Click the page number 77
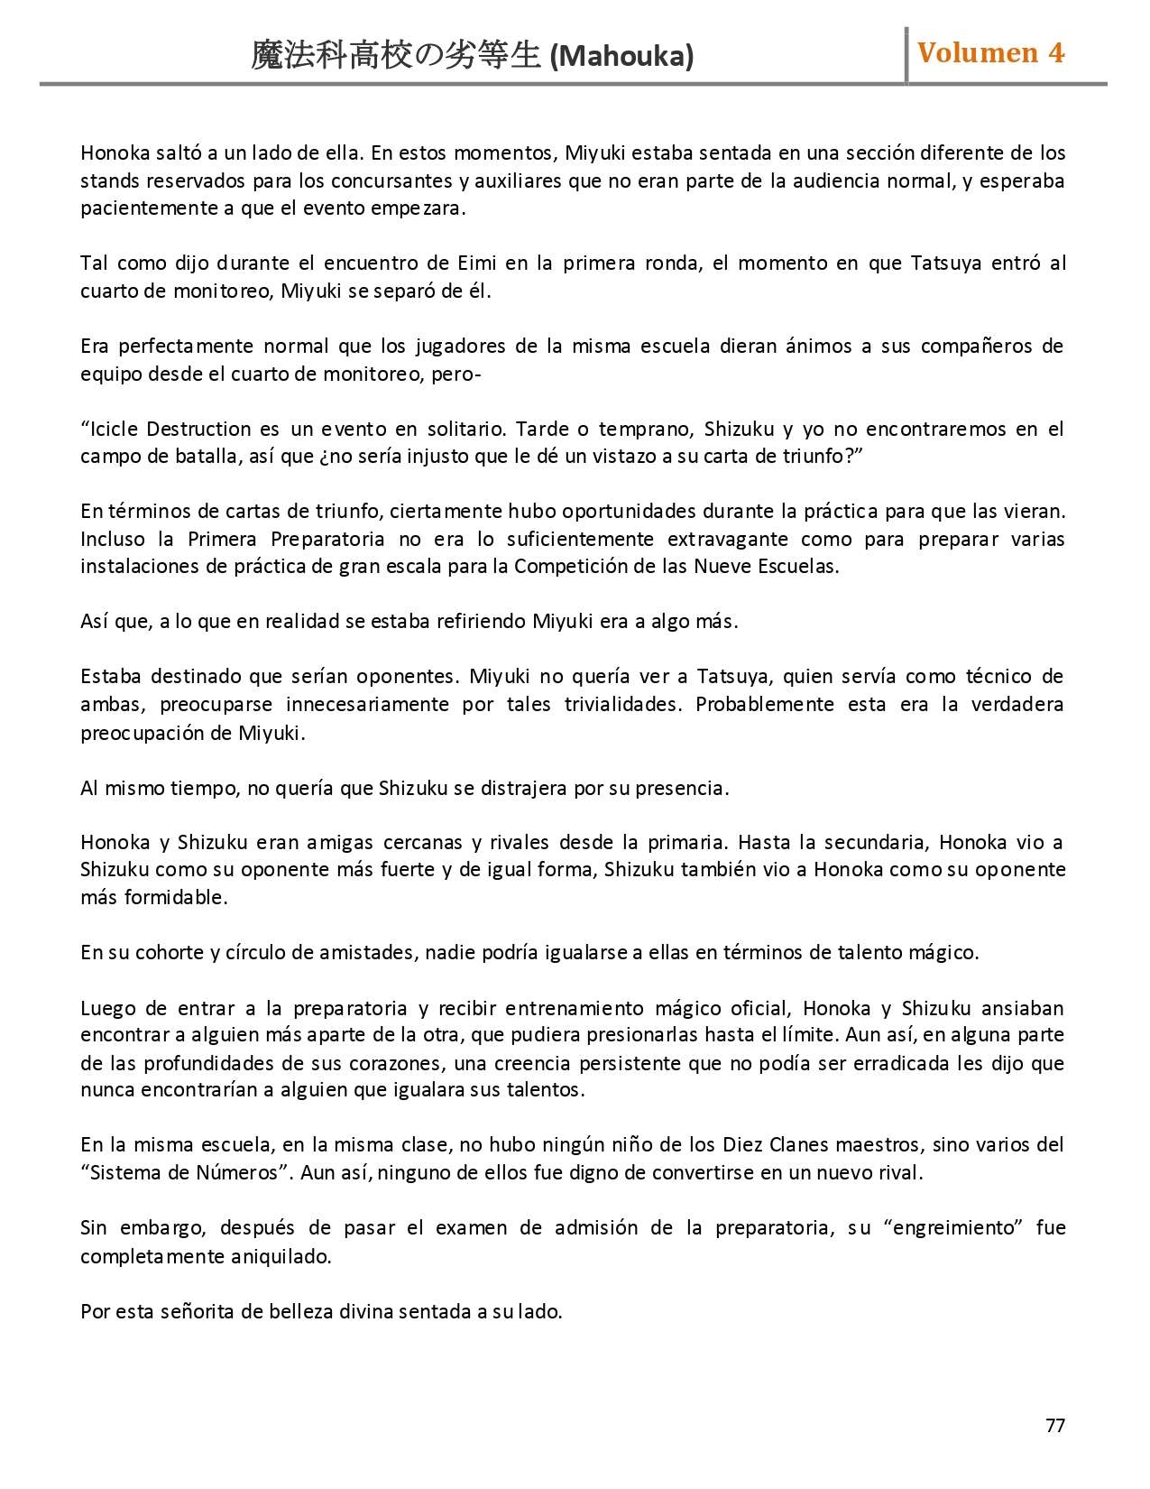1055,1425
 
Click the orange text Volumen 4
990,53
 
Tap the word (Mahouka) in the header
621,57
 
